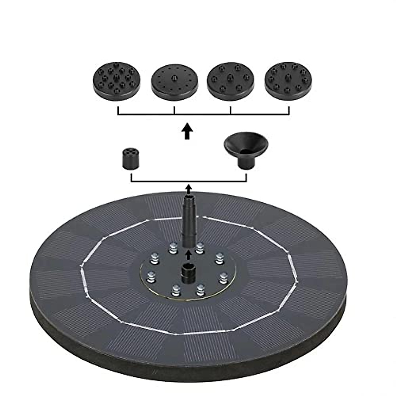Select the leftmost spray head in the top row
(x=116, y=80)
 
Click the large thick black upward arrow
(x=187, y=131)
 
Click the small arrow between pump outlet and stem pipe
(x=188, y=255)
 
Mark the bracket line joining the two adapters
(x=188, y=181)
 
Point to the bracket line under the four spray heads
(x=203, y=114)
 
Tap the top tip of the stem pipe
(x=187, y=198)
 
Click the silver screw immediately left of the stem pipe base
(x=172, y=248)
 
